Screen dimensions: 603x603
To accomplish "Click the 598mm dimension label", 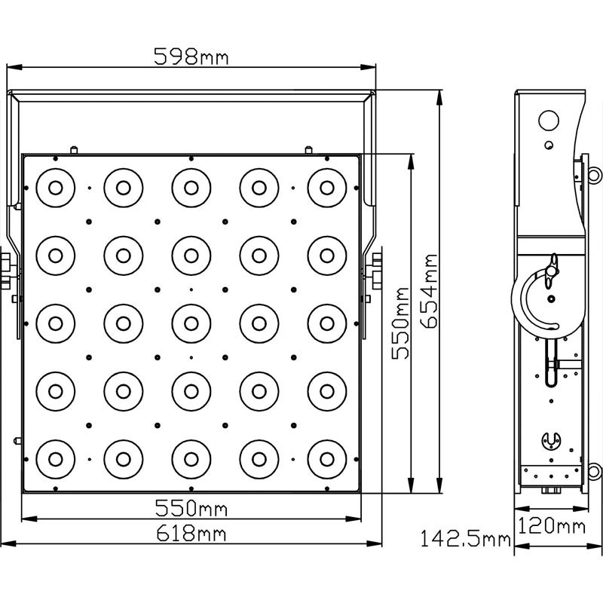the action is coord(191,57).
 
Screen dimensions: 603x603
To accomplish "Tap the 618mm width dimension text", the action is coord(191,534).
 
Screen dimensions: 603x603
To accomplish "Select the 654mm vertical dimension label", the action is coord(429,291).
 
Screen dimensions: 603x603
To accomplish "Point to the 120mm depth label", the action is coord(552,525).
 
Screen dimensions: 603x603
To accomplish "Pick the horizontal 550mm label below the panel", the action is coord(191,508).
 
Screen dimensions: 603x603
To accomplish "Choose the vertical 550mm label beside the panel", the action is coord(400,323).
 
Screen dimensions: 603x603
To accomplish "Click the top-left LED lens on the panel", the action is coord(55,188).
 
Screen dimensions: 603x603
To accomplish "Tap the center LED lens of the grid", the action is coord(191,324).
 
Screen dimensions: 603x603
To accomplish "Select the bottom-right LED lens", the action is coord(327,459).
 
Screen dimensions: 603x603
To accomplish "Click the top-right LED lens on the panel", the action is coord(327,188).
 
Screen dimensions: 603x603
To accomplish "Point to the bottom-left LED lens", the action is coord(55,459).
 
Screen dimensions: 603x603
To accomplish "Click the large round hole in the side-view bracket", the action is coord(549,121).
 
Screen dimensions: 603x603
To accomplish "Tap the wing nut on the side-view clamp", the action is coord(552,271).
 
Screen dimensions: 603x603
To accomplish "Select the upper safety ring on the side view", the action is coord(594,175).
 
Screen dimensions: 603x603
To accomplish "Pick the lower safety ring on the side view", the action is coord(594,471).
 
